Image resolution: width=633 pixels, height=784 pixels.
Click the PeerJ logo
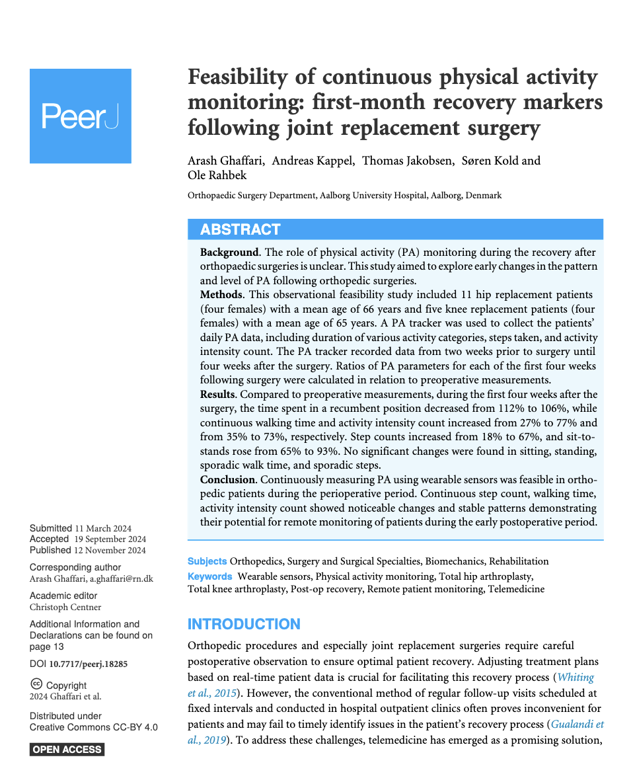(80, 116)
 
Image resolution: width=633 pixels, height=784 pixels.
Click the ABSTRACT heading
(240, 229)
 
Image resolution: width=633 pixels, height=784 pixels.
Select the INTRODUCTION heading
(244, 624)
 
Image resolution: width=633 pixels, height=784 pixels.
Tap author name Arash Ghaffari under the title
(225, 161)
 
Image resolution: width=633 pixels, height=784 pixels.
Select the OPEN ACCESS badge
(67, 749)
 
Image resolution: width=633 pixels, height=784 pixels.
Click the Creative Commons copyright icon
(36, 685)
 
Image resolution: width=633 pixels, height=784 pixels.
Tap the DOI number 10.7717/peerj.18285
(89, 663)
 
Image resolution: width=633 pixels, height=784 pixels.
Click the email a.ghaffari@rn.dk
(122, 578)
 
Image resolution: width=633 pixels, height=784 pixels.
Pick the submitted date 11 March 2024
(103, 528)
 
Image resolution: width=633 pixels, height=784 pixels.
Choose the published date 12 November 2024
(110, 550)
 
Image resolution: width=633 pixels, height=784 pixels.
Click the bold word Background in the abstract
(229, 253)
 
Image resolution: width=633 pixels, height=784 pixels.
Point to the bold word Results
(217, 395)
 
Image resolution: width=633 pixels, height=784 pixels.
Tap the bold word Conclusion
(227, 480)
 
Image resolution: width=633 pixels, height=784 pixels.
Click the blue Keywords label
(209, 576)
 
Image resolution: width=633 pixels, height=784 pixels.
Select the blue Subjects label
(207, 561)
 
